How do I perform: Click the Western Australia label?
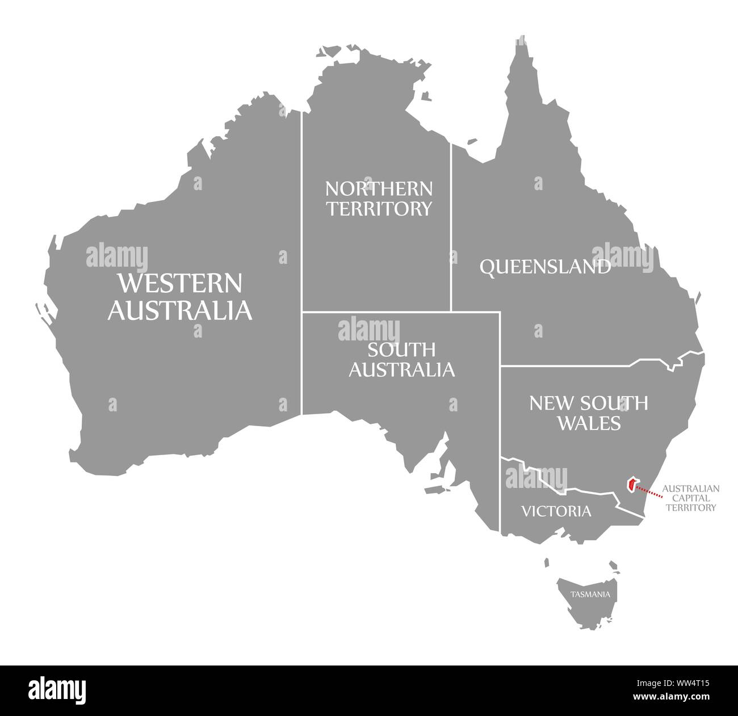pyautogui.click(x=180, y=296)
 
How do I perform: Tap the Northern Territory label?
pyautogui.click(x=379, y=199)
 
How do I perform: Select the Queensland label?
pyautogui.click(x=545, y=267)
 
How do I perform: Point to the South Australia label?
pyautogui.click(x=401, y=359)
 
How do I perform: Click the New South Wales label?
pyautogui.click(x=588, y=412)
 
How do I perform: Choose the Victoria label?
pyautogui.click(x=556, y=511)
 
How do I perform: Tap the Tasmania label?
pyautogui.click(x=591, y=595)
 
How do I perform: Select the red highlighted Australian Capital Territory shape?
pyautogui.click(x=631, y=485)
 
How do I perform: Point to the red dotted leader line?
pyautogui.click(x=648, y=491)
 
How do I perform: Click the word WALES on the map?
pyautogui.click(x=588, y=423)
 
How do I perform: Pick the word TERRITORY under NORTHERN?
pyautogui.click(x=379, y=209)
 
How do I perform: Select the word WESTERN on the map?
pyautogui.click(x=179, y=282)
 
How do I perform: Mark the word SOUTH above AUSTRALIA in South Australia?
pyautogui.click(x=401, y=349)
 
